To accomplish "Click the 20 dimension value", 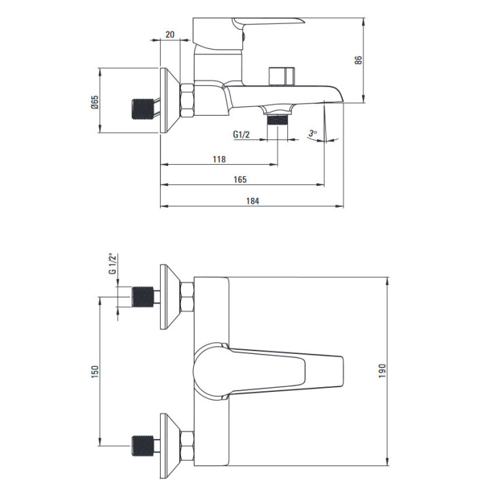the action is point(170,34).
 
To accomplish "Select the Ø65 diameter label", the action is point(95,102).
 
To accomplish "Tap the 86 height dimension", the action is point(358,60).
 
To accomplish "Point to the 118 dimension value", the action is point(219,159).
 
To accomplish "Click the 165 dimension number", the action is point(240,180).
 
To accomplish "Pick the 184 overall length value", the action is point(252,201).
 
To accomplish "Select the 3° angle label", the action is point(312,133).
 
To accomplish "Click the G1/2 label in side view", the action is point(241,135).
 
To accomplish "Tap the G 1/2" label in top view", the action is point(112,264).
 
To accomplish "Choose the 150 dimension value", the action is point(95,372).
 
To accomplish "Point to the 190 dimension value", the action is point(382,371).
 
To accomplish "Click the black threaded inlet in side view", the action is point(142,109).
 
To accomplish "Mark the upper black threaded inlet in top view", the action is point(142,297).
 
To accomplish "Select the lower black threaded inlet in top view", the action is point(142,446).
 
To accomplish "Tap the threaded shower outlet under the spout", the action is point(277,120).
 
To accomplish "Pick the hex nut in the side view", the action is point(187,101).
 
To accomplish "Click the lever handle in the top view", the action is point(268,372).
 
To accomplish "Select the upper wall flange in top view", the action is point(170,297).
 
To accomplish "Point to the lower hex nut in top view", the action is point(187,446).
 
